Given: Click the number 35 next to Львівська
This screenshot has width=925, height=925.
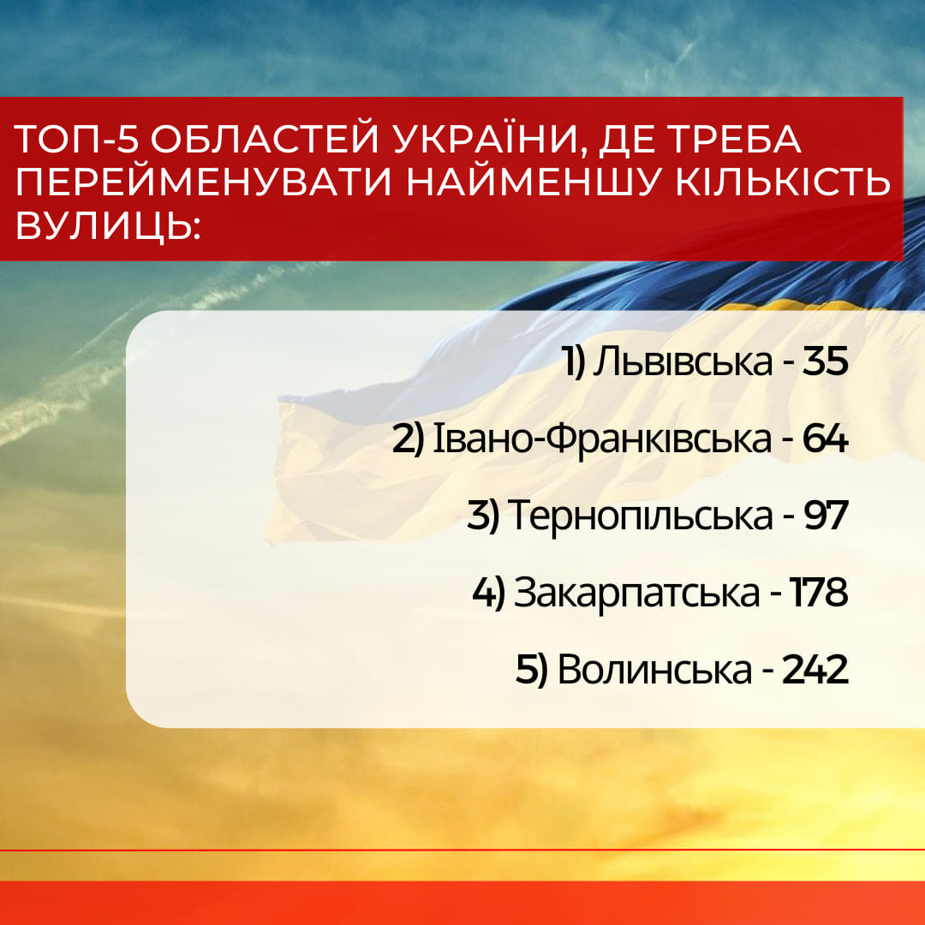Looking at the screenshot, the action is tap(825, 361).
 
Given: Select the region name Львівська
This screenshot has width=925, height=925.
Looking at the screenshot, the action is tap(682, 361).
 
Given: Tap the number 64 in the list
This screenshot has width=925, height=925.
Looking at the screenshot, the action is tap(825, 439).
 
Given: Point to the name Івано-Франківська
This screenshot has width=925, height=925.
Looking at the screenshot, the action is tap(602, 439).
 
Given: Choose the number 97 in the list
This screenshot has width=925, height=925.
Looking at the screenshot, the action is tap(826, 515).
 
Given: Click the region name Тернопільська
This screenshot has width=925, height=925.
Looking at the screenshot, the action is tap(640, 515).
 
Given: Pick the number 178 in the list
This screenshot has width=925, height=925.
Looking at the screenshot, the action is tap(819, 593).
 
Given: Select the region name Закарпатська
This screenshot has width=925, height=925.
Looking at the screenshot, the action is tap(636, 594).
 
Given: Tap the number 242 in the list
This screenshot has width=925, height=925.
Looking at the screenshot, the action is tap(815, 670).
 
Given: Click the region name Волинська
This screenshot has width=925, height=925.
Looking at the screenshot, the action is tap(655, 670).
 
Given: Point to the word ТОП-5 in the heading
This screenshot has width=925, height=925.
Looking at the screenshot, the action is tap(77, 140).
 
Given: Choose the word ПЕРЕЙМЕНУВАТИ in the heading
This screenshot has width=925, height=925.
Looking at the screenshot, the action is tap(204, 182).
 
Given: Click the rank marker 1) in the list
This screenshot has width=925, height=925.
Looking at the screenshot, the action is tap(573, 362).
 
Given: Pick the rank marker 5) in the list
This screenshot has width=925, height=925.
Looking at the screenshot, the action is tap(532, 671).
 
